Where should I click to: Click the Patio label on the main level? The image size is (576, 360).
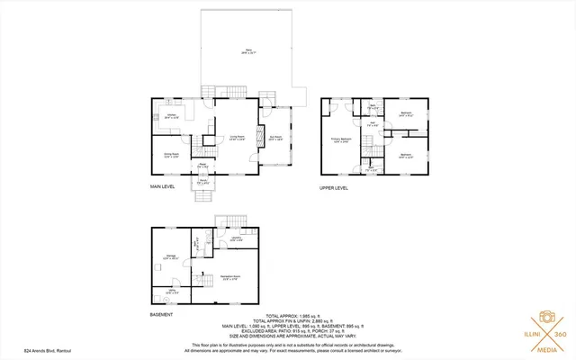point(249,52)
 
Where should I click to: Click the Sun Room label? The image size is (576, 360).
point(276,139)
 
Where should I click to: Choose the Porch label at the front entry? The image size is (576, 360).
point(203,181)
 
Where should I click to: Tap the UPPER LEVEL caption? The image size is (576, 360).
point(335,188)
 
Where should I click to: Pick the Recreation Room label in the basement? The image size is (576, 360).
point(229,277)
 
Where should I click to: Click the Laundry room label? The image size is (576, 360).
point(236,239)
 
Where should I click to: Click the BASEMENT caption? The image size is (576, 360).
point(162,315)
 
